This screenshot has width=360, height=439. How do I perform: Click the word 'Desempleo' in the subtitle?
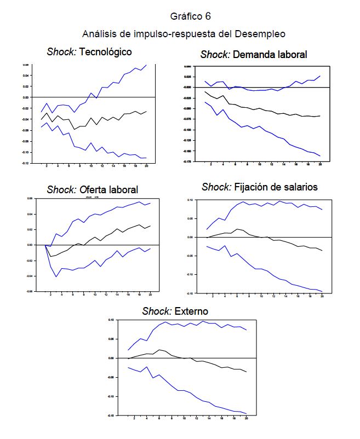[x=260, y=34]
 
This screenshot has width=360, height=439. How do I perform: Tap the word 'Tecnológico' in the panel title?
[x=106, y=52]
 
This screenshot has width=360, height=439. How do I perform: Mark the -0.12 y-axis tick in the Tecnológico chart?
[x=25, y=163]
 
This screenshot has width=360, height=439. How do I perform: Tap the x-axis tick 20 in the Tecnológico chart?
[x=147, y=166]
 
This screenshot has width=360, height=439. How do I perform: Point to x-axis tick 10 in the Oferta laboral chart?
[x=95, y=294]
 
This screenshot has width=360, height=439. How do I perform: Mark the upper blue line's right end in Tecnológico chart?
[x=146, y=65]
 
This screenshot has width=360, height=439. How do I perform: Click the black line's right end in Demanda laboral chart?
[x=319, y=115]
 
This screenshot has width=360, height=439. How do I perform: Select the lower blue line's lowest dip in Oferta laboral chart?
[x=56, y=276]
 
